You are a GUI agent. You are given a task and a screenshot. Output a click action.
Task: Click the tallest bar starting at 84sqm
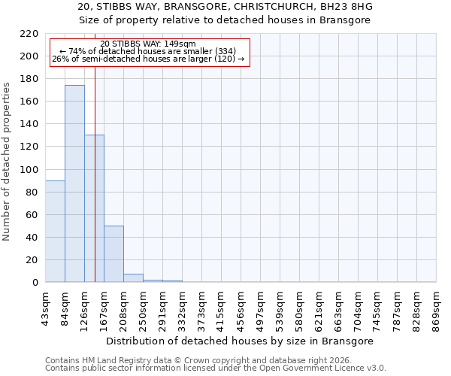(x=74, y=183)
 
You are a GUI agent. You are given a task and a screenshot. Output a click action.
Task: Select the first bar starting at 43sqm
(x=55, y=231)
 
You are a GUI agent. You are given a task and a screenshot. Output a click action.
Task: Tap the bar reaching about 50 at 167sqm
(x=114, y=253)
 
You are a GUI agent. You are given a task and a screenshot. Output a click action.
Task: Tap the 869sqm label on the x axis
(x=436, y=308)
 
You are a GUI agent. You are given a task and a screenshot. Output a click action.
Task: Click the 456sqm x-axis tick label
(x=241, y=308)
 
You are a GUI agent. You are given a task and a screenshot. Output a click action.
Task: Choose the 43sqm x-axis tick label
(x=45, y=308)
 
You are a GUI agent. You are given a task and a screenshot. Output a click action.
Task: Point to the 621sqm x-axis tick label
(x=319, y=308)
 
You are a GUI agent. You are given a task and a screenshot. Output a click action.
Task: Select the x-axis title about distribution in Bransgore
(x=240, y=341)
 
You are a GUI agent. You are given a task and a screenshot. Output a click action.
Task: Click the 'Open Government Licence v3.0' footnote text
(x=316, y=368)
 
